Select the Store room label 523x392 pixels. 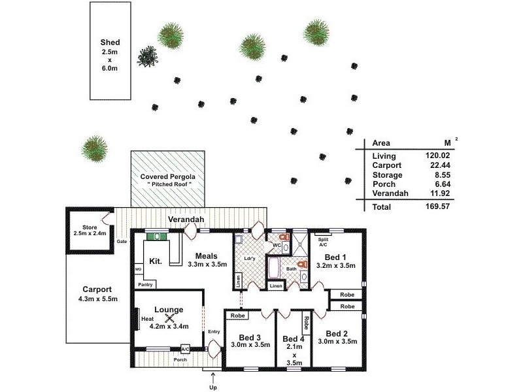pyautogui.click(x=90, y=229)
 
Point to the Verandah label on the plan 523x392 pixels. pyautogui.click(x=184, y=220)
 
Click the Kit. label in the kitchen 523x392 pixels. pyautogui.click(x=156, y=261)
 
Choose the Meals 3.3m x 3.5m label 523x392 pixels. pyautogui.click(x=207, y=260)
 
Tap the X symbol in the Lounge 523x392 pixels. pyautogui.click(x=169, y=318)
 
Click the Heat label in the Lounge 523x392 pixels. pyautogui.click(x=147, y=319)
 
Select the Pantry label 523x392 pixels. pyautogui.click(x=144, y=285)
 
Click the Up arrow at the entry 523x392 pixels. pyautogui.click(x=212, y=377)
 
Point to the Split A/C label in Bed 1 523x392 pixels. pyautogui.click(x=323, y=242)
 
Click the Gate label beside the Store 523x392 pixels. pyautogui.click(x=122, y=241)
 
